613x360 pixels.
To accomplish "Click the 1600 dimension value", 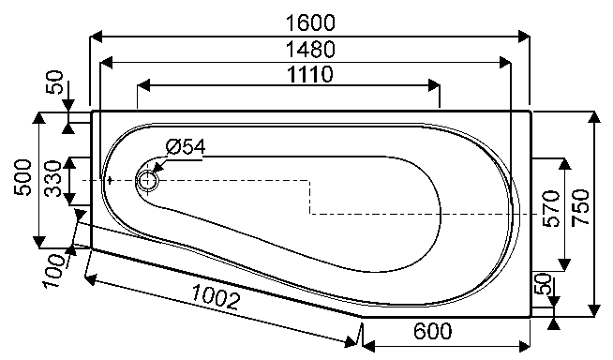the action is (311, 22).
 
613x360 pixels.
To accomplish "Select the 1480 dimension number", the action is (311, 50).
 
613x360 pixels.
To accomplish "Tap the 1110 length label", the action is (310, 74).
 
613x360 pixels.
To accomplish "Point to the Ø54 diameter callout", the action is (186, 147).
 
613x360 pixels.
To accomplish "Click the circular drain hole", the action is (147, 181).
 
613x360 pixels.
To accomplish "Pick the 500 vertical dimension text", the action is (22, 178).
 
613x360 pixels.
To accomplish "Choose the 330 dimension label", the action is (52, 178).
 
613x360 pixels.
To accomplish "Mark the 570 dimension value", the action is (552, 209).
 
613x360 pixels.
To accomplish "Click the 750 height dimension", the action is (581, 207).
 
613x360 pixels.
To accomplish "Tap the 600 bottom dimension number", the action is (432, 331).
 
